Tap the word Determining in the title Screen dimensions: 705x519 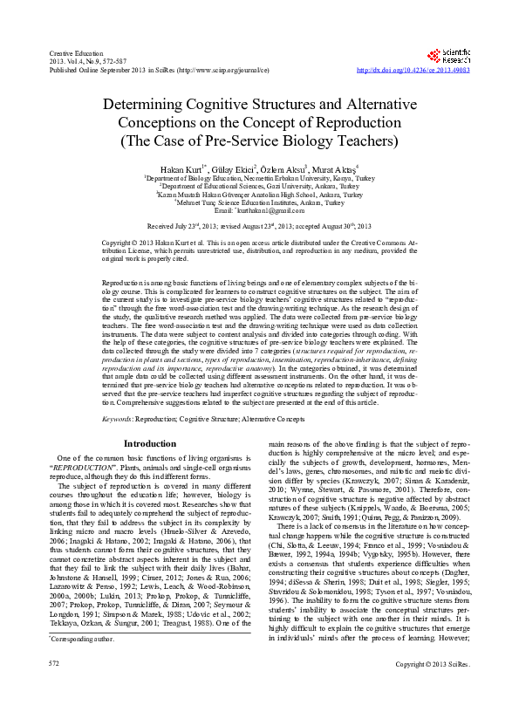pyautogui.click(x=161, y=105)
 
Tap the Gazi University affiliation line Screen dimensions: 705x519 pyautogui.click(x=259, y=187)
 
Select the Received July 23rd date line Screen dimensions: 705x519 pyautogui.click(x=259, y=225)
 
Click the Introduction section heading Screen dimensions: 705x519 pyautogui.click(x=150, y=443)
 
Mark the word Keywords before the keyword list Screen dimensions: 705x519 pyautogui.click(x=118, y=420)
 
